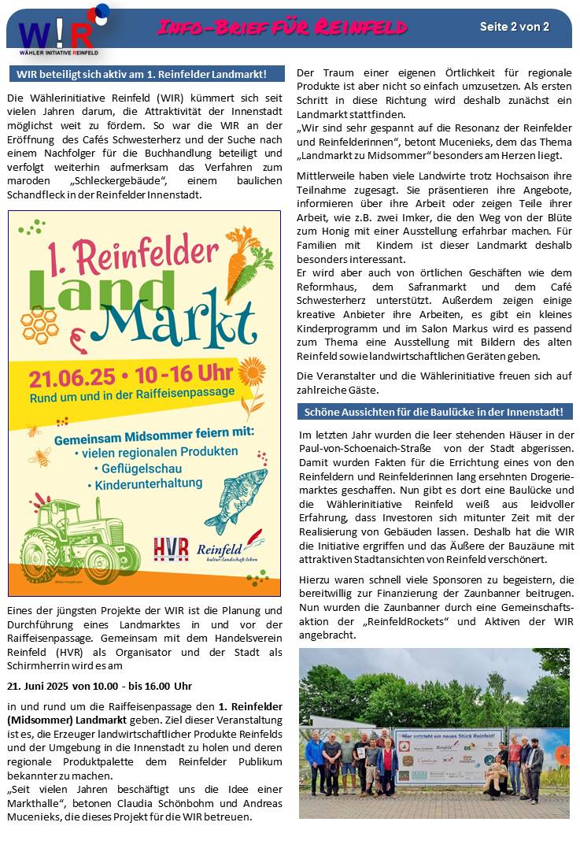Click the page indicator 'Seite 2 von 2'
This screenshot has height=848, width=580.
[514, 27]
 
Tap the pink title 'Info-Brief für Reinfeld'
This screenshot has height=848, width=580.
[282, 28]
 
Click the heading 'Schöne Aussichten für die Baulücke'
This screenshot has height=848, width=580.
[434, 412]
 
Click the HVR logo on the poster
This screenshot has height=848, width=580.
[171, 548]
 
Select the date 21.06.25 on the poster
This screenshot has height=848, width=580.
[72, 377]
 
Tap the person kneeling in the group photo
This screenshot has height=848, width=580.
[495, 776]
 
